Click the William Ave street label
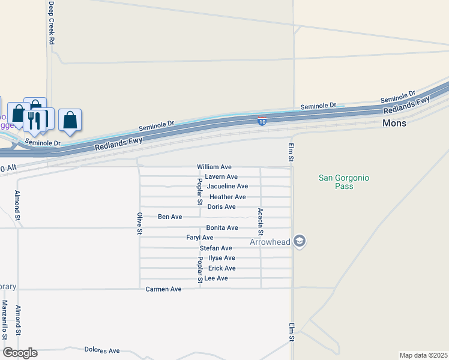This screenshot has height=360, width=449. [x=214, y=167]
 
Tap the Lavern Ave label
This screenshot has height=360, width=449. [x=221, y=177]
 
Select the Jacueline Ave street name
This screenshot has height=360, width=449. [x=228, y=187]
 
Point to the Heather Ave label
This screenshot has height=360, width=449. [x=228, y=197]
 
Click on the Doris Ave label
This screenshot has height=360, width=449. [x=221, y=207]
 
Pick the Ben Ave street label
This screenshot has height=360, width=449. [x=170, y=217]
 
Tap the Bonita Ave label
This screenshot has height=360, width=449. [x=222, y=228]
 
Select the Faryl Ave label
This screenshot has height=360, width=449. [x=200, y=238]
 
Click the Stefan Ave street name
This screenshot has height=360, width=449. [x=215, y=248]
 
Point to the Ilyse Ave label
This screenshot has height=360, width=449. [x=221, y=258]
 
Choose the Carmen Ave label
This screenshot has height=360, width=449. [x=163, y=289]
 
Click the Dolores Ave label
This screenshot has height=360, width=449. [x=102, y=350]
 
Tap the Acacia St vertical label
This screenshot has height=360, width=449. [x=260, y=221]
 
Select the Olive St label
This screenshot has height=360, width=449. [x=139, y=223]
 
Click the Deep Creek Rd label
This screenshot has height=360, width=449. [x=52, y=23]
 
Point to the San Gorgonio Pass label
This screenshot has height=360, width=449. [x=343, y=182]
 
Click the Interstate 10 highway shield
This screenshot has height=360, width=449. [x=262, y=121]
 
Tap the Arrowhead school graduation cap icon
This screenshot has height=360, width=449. [x=300, y=241]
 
